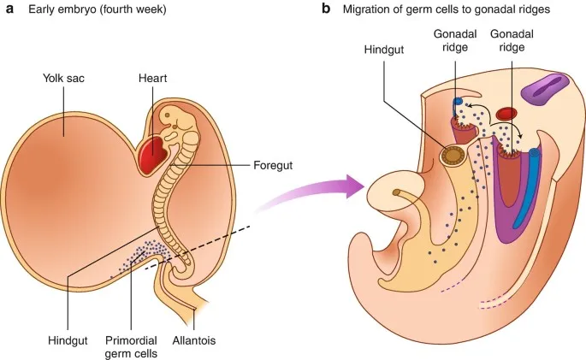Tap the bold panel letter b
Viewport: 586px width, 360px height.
[x=326, y=9]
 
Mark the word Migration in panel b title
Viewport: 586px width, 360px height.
[x=369, y=10]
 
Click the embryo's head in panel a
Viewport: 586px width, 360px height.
[x=180, y=120]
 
